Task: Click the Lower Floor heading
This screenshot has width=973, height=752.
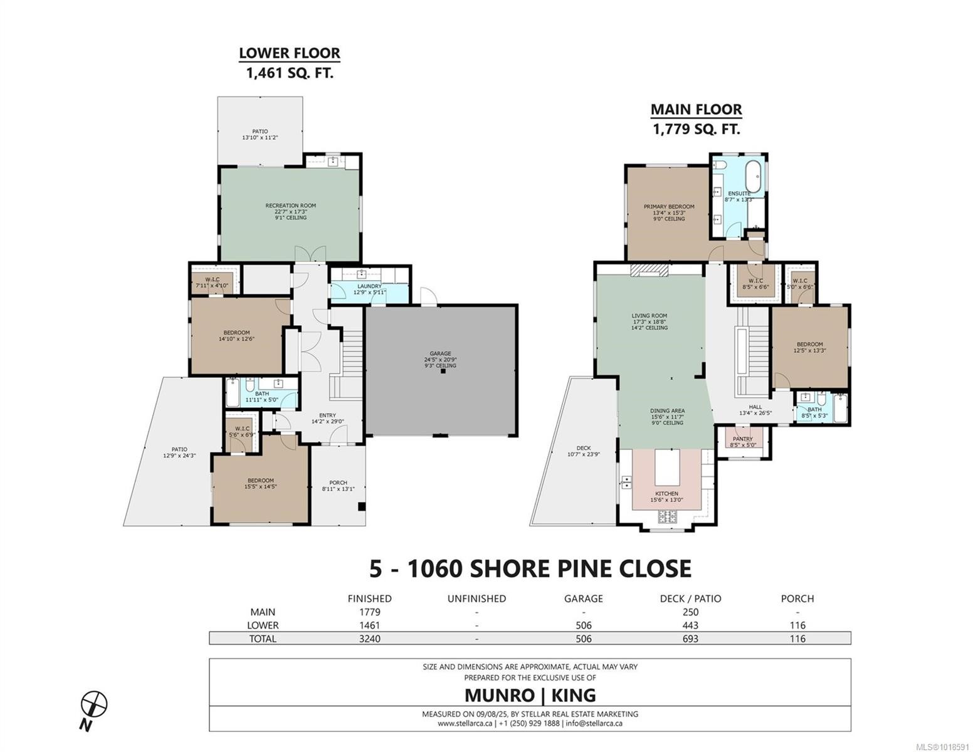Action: (289, 53)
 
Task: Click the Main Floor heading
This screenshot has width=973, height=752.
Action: (696, 110)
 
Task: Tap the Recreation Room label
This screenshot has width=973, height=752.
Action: (290, 206)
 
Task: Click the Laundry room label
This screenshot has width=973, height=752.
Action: (369, 286)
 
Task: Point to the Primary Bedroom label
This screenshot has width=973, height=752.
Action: (669, 207)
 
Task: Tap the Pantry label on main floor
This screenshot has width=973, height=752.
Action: (743, 439)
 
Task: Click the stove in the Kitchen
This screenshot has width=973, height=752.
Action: (667, 516)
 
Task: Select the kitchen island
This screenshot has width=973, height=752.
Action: (667, 470)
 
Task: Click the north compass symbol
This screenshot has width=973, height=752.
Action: (94, 704)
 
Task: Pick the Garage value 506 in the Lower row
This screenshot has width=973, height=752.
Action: (583, 625)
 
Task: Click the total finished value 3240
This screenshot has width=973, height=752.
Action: (369, 639)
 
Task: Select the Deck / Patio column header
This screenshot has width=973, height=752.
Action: (690, 598)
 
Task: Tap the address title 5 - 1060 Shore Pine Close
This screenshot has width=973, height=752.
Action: (530, 568)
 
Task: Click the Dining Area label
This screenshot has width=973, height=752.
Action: (667, 411)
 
